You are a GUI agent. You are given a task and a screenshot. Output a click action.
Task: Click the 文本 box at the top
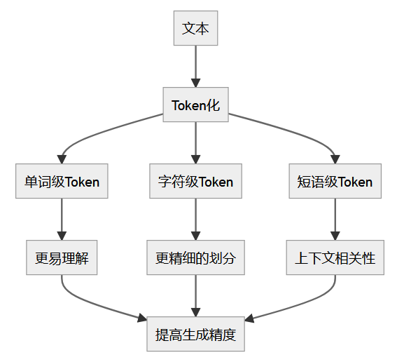point(195,29)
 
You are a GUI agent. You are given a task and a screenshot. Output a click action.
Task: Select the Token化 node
point(195,105)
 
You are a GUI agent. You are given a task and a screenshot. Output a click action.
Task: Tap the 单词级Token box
point(62,182)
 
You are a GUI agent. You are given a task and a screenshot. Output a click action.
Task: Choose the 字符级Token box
point(195,182)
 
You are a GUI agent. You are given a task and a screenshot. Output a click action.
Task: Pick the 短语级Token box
point(335,182)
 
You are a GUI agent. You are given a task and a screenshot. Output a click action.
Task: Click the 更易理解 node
point(62,258)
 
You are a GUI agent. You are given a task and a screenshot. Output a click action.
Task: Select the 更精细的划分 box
point(195,258)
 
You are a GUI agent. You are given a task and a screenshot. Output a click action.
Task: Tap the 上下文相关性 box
point(335,258)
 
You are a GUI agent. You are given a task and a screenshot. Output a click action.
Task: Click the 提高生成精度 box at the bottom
point(195,335)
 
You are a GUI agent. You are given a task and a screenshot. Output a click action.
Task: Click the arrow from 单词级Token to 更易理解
point(62,219)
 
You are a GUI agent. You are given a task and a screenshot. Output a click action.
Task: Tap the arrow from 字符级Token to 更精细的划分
point(195,219)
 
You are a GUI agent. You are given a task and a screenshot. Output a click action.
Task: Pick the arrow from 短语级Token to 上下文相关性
point(335,219)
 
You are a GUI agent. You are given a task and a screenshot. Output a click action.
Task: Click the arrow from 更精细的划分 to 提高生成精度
point(195,295)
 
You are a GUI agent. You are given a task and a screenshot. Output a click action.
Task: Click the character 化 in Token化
point(214,105)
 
